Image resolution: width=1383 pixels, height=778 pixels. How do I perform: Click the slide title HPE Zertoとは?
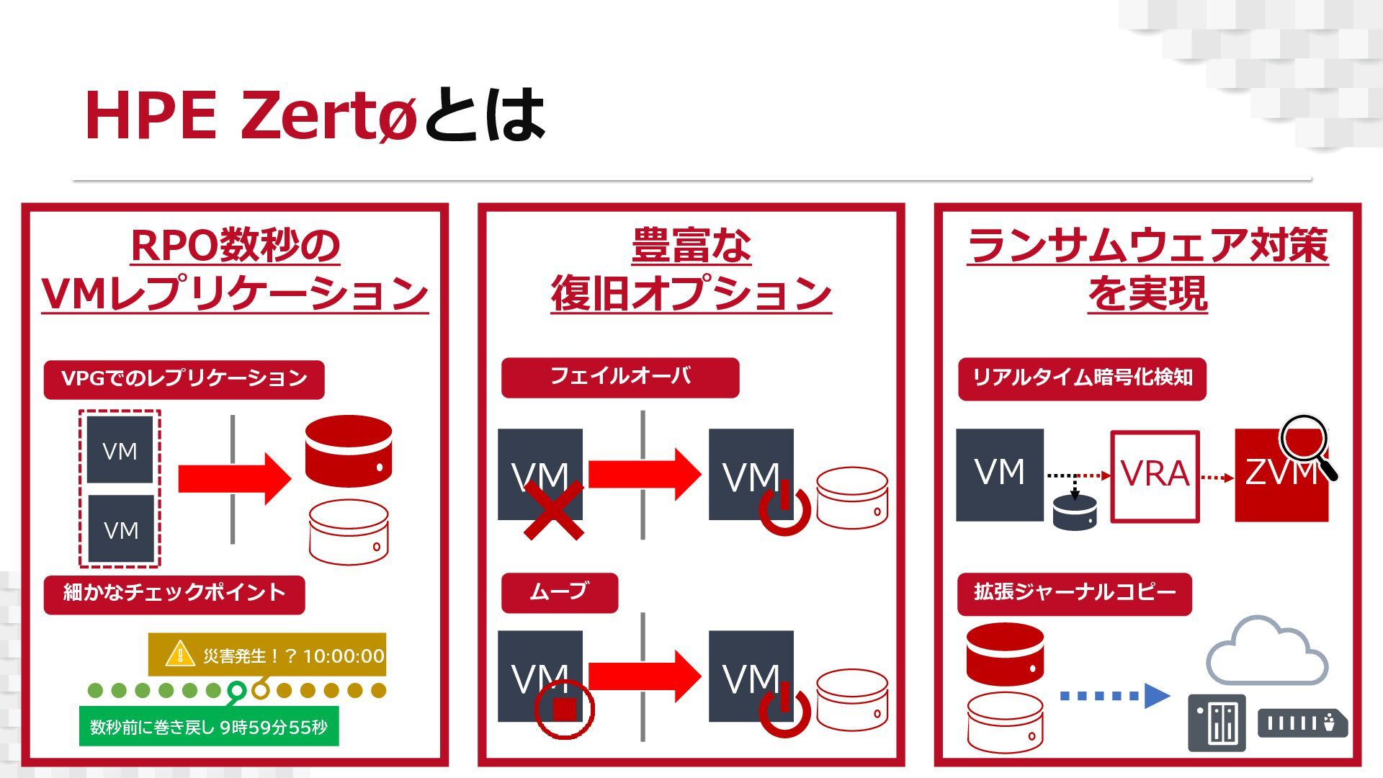(x=315, y=115)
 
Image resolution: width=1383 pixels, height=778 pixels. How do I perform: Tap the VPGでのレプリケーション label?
(x=184, y=379)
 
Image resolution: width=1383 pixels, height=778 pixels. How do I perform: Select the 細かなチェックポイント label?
(x=174, y=594)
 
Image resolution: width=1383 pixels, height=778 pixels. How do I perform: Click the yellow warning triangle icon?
(x=179, y=654)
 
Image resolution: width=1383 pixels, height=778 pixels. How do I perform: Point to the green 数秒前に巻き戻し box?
(x=208, y=728)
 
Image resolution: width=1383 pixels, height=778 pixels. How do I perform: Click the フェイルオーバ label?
(x=619, y=377)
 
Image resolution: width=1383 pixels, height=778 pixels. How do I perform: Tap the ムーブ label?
(x=559, y=592)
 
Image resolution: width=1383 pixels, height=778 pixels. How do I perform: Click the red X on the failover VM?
(x=553, y=511)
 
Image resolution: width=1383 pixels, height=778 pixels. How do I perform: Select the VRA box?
(x=1155, y=475)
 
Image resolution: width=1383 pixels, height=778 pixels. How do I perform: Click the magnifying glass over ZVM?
(x=1305, y=444)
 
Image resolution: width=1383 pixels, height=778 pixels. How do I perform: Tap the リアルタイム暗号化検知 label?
(x=1081, y=378)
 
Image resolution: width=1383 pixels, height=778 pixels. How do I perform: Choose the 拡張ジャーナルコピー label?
(x=1074, y=594)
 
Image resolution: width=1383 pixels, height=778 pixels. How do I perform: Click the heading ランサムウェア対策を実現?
(x=1147, y=268)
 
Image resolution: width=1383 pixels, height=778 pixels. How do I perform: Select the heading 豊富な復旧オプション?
(x=691, y=268)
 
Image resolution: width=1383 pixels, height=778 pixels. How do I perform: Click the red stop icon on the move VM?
(x=564, y=710)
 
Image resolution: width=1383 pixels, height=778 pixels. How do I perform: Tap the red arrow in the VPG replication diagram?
(x=234, y=478)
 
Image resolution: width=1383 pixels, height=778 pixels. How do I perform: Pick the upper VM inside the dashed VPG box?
(x=120, y=450)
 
